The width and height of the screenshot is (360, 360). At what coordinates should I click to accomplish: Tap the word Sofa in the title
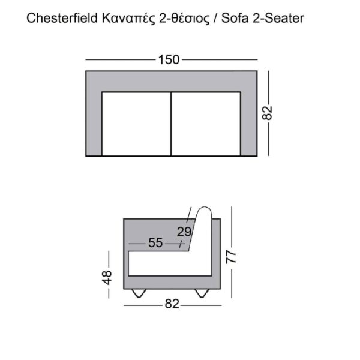tap(233, 18)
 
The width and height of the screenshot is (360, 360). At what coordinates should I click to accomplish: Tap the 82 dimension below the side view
tap(172, 305)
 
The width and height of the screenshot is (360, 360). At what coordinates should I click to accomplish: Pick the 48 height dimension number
tap(107, 277)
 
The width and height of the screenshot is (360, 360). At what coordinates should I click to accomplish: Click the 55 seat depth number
tap(155, 244)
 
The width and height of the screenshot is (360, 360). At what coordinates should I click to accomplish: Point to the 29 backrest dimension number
tap(184, 231)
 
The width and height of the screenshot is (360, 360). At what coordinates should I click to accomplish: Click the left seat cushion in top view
tap(137, 124)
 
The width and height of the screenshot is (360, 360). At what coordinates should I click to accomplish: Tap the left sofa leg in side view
tap(139, 293)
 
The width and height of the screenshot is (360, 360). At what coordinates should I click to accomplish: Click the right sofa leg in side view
tap(202, 293)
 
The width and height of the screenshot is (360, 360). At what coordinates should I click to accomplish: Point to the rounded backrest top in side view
tap(205, 213)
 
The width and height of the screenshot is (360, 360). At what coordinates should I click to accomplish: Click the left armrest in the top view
tap(94, 124)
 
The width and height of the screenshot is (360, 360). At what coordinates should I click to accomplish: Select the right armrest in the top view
tap(250, 124)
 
